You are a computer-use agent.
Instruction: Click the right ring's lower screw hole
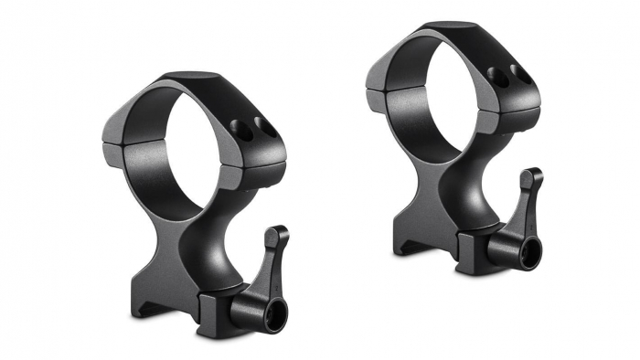click(497, 75)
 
